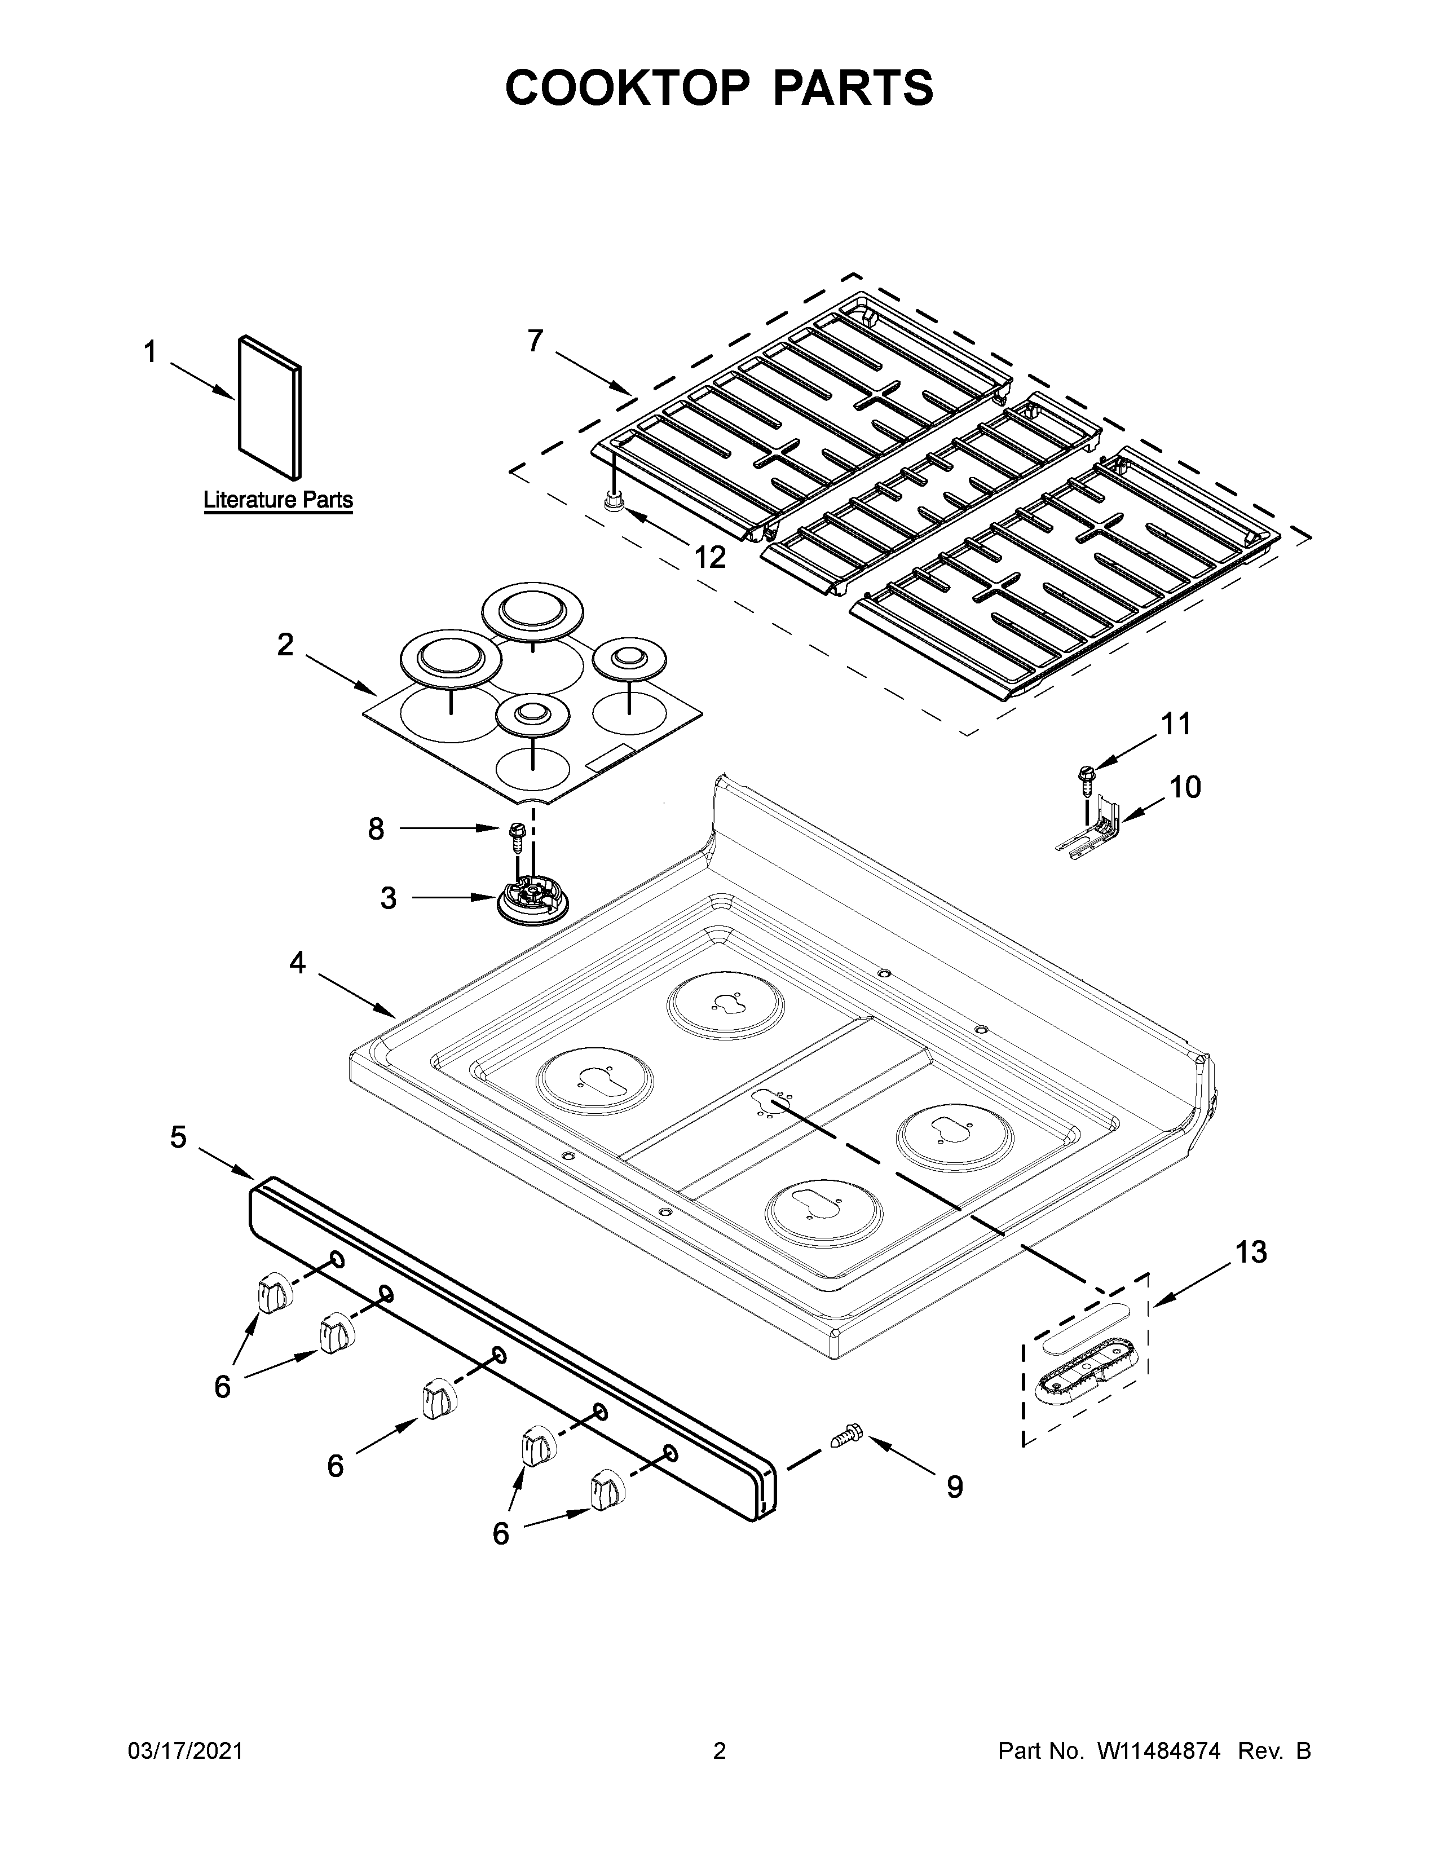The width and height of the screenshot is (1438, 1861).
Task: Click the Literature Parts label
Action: coord(277,500)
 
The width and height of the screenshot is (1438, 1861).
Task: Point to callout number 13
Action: coord(1251,1252)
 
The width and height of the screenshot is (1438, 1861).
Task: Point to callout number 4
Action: coord(297,963)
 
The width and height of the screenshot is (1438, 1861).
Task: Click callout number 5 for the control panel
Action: coord(178,1137)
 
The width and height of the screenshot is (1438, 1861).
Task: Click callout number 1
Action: coord(150,352)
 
